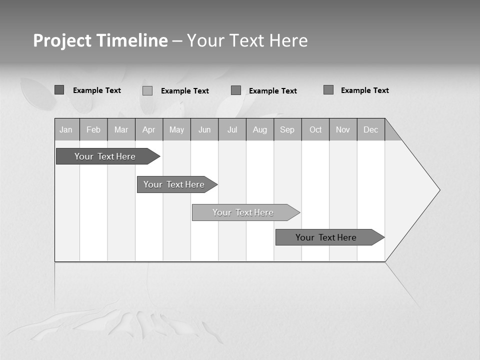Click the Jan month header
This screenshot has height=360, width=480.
(66, 129)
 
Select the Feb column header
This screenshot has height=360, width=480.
(93, 129)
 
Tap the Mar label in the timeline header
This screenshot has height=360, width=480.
(121, 129)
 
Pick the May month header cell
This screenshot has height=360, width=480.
(176, 129)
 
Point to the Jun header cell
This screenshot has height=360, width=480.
(204, 129)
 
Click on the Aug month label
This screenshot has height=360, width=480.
(260, 129)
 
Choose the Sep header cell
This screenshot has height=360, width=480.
(287, 129)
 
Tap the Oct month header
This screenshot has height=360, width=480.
(315, 129)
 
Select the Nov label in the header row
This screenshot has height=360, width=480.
(343, 129)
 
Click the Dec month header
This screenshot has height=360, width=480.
(371, 129)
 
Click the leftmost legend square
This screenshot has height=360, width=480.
(59, 90)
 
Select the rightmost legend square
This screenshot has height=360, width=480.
(328, 90)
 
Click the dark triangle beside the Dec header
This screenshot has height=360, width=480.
(391, 132)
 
